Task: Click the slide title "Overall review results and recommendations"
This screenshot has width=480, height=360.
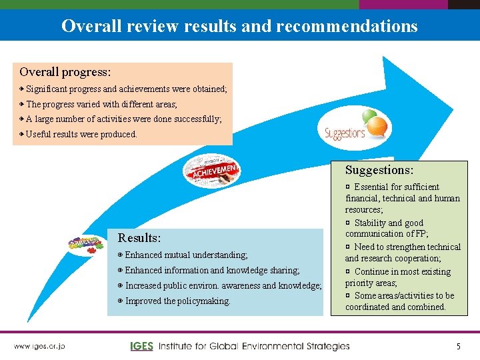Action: click(239, 26)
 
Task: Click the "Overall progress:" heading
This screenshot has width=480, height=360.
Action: click(65, 71)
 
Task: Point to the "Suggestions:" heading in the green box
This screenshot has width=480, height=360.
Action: click(379, 171)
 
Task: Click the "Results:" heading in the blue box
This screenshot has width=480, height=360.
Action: click(139, 238)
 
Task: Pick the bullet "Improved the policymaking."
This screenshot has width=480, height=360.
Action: click(177, 301)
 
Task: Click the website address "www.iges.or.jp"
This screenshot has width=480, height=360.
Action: click(39, 346)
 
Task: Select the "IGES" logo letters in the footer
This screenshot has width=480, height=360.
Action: click(142, 346)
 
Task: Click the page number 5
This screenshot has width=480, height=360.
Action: click(458, 346)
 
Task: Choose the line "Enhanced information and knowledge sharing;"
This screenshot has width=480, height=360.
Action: click(212, 270)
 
